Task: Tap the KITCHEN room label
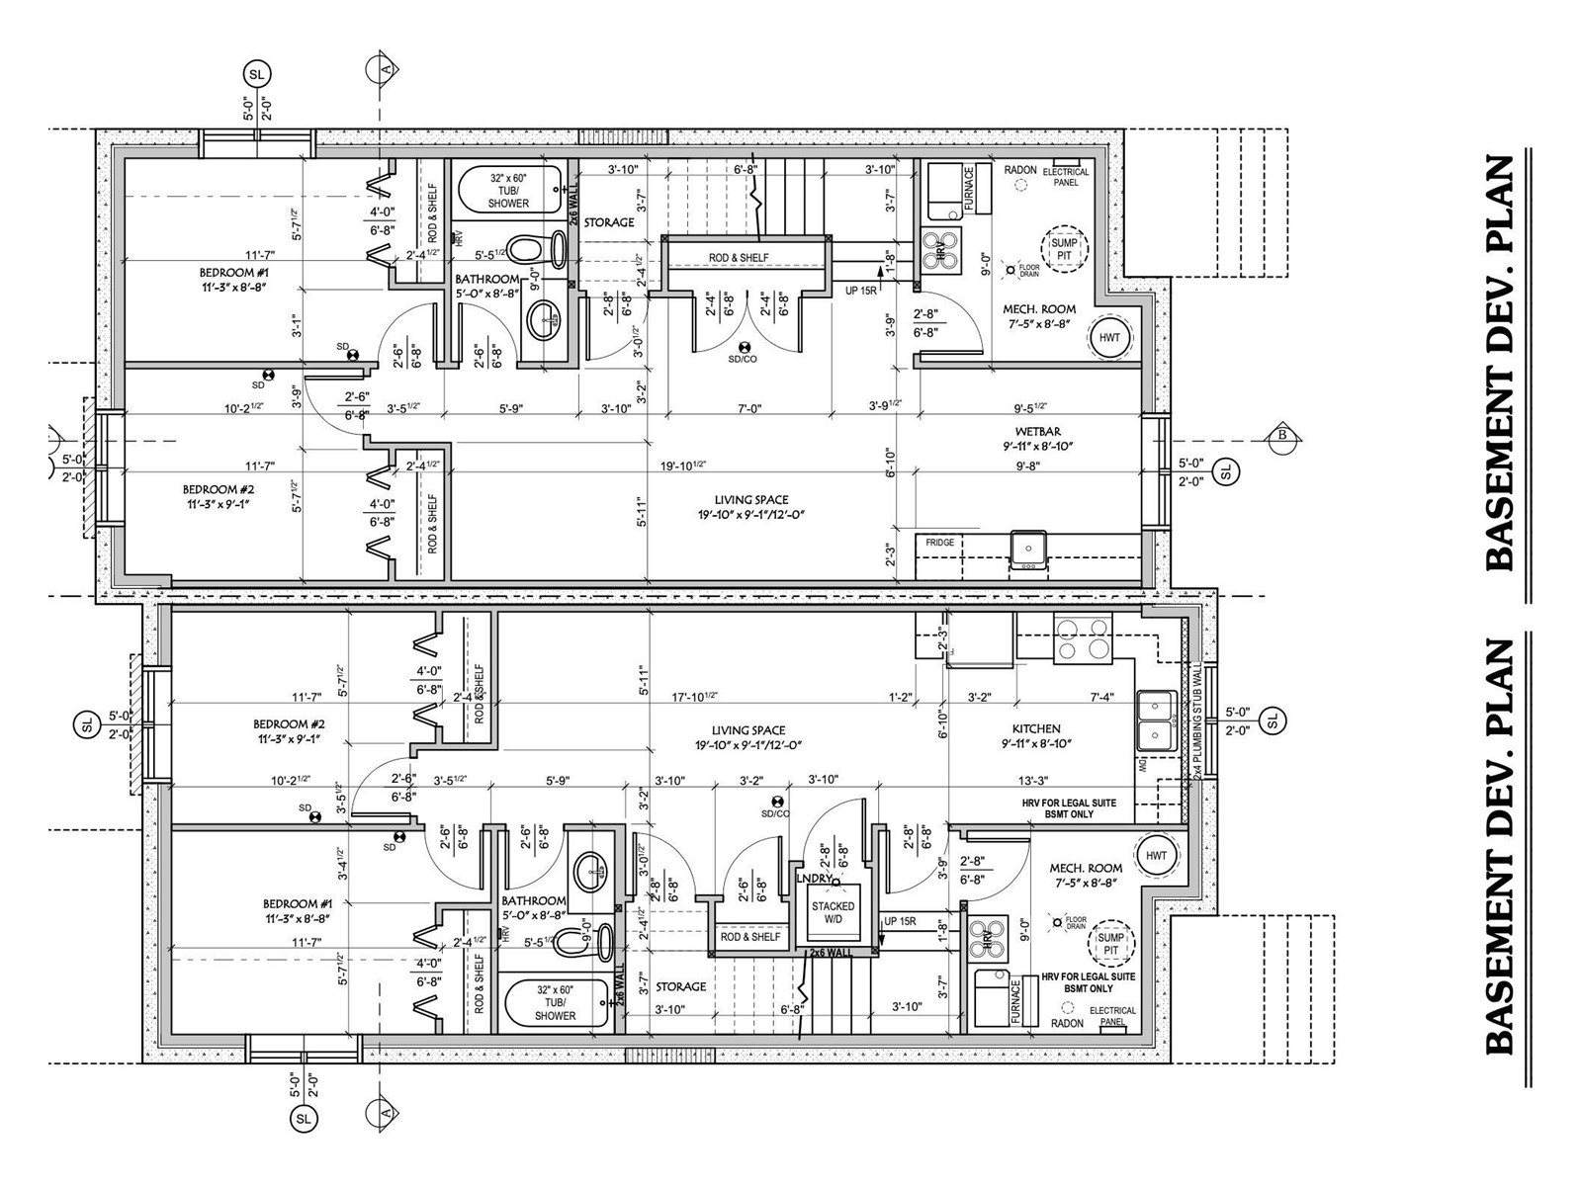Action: tap(1036, 728)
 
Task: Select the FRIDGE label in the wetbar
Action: tap(939, 543)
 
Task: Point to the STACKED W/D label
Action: tap(833, 913)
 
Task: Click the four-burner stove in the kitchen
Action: tap(1083, 637)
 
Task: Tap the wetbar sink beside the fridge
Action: tap(1028, 550)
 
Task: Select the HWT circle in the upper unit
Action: tap(1110, 337)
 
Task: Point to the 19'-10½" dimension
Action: tap(684, 466)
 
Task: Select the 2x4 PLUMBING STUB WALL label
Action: tap(1196, 721)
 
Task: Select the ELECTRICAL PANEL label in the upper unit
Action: tap(1065, 177)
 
